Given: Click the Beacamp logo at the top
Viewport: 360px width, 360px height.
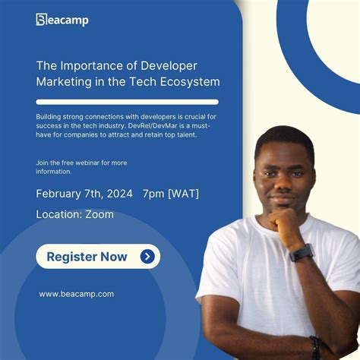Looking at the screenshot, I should [62, 19].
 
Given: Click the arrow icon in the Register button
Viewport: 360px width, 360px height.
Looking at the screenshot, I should [147, 257].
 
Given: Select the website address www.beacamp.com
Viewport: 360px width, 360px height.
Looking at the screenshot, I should [76, 294].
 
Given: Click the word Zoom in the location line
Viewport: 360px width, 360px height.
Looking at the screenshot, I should [99, 214].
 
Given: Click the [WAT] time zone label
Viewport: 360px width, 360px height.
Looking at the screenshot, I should [185, 194].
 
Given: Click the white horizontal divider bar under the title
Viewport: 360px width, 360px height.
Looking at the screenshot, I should [127, 102].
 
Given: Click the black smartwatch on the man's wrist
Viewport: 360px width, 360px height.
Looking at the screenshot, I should [302, 252].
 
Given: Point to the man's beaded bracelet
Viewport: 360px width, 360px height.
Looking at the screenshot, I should [314, 346].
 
